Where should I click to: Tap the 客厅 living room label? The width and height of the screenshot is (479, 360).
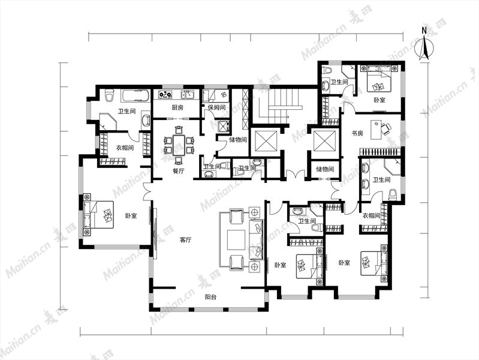pyautogui.click(x=185, y=240)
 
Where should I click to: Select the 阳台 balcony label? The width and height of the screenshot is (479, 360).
pyautogui.click(x=211, y=297)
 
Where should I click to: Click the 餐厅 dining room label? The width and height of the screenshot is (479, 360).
pyautogui.click(x=179, y=171)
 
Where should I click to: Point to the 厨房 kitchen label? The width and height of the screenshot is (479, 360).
pyautogui.click(x=177, y=107)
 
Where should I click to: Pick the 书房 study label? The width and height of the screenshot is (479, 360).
pyautogui.click(x=357, y=133)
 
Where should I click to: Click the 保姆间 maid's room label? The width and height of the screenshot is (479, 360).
pyautogui.click(x=216, y=107)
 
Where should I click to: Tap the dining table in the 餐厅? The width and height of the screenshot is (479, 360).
pyautogui.click(x=179, y=145)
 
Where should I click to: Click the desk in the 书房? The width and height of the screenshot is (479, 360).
pyautogui.click(x=376, y=130)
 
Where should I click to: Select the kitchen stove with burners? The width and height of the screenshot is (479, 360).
pyautogui.click(x=165, y=94)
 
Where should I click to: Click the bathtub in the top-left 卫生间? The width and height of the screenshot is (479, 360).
pyautogui.click(x=135, y=96)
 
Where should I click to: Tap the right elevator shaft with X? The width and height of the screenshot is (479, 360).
pyautogui.click(x=326, y=140)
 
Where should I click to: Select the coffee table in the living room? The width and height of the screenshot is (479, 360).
pyautogui.click(x=236, y=241)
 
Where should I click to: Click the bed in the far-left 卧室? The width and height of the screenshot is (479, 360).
pyautogui.click(x=98, y=214)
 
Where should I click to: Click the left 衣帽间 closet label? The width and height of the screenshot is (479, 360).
pyautogui.click(x=125, y=148)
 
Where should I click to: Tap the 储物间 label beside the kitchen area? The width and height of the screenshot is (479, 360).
pyautogui.click(x=238, y=140)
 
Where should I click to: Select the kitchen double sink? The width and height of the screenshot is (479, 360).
pyautogui.click(x=188, y=94)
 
